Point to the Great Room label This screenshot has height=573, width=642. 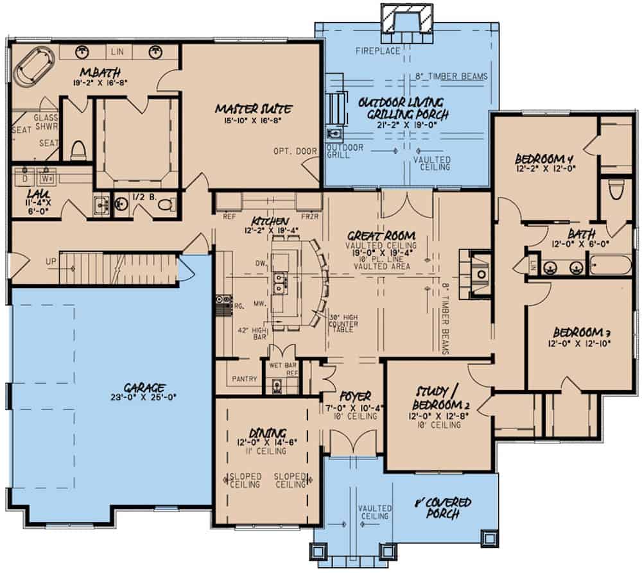[380, 235]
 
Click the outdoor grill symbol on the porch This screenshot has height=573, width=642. [334, 135]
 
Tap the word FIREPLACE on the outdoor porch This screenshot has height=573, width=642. [378, 51]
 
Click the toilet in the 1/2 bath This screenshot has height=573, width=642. [166, 205]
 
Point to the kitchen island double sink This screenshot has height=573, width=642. [281, 280]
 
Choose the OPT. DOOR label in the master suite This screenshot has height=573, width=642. [291, 151]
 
